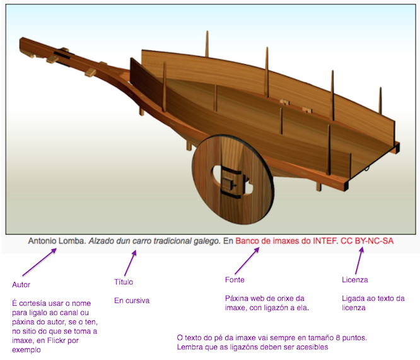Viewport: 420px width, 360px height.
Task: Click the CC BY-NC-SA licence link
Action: [x=366, y=241]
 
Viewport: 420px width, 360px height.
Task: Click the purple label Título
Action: [x=123, y=282]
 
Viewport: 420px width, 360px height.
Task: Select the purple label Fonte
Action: [x=235, y=279]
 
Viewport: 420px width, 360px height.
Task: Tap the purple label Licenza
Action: [x=354, y=279]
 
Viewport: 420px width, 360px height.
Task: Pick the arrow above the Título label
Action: [x=129, y=262]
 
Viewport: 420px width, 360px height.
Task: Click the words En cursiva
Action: [x=132, y=301]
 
